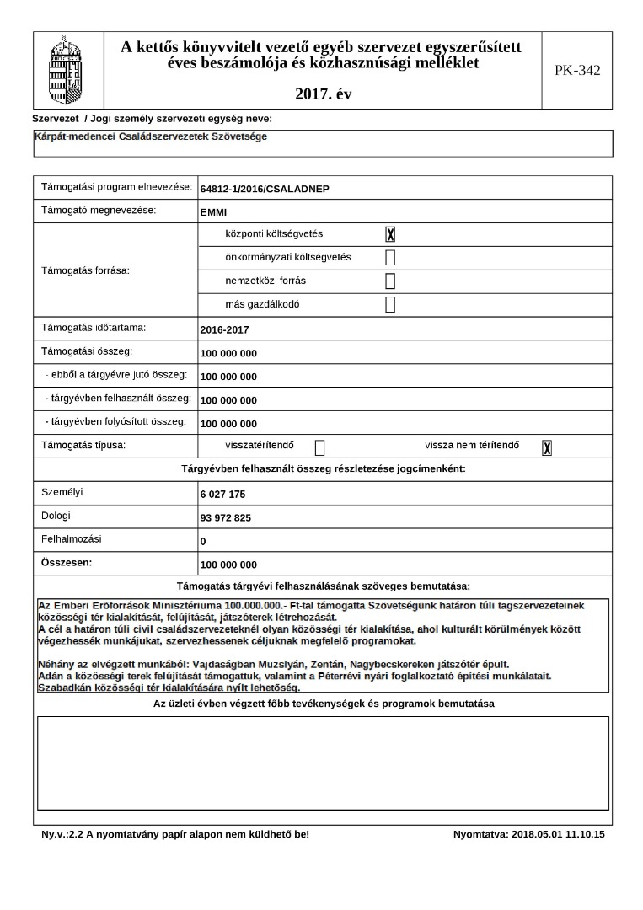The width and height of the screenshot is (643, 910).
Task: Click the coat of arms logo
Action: [x=68, y=67]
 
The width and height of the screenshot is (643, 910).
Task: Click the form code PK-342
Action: [x=577, y=70]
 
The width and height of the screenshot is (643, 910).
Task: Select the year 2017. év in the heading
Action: [x=324, y=94]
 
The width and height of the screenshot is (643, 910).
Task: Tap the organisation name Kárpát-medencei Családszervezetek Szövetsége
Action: [x=152, y=136]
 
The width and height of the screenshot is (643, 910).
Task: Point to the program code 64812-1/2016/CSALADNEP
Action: [x=265, y=189]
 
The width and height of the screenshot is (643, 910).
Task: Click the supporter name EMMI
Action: [x=214, y=212]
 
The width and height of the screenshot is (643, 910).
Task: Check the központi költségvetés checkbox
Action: [x=390, y=234]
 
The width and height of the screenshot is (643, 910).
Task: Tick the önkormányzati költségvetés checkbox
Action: [x=390, y=258]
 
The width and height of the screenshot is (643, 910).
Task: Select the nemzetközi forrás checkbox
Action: [x=390, y=281]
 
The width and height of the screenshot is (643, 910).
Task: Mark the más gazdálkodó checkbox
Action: [x=390, y=305]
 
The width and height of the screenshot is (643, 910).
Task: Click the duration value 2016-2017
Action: [x=225, y=330]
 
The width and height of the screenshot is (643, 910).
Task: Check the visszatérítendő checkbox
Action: [x=319, y=447]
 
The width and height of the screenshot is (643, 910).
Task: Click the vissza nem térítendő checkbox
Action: [x=547, y=447]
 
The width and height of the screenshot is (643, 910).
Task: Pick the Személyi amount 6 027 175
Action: [x=223, y=495]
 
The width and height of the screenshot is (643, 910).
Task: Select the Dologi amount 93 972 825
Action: [x=226, y=518]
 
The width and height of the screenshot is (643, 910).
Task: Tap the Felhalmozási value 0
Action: [x=203, y=542]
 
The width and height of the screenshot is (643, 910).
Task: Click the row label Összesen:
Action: [x=67, y=561]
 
